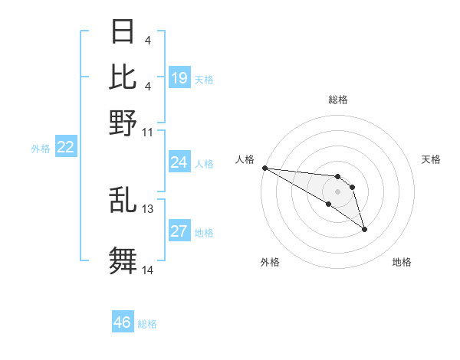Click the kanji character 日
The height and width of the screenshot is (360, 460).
point(123,31)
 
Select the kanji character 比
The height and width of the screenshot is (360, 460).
point(123,77)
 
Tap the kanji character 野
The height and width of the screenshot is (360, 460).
point(123,122)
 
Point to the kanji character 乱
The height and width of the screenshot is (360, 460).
point(123,201)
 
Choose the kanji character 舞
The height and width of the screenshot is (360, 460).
point(123,260)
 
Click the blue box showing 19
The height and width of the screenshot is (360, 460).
point(179,77)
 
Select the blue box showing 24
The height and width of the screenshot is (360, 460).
point(179,162)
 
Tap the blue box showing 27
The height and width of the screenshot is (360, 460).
point(179,231)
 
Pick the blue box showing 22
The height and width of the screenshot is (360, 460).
point(65,147)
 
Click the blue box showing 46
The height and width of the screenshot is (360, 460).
point(123,322)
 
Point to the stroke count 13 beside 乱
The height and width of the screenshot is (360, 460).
point(148,208)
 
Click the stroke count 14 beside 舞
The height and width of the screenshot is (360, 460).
point(148,270)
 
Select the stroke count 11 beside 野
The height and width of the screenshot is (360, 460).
point(148,131)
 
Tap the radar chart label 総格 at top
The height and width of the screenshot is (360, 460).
point(338,100)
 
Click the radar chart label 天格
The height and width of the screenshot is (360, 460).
point(431,159)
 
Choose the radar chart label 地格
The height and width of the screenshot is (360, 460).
point(402,263)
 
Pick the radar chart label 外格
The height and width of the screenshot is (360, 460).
point(270,263)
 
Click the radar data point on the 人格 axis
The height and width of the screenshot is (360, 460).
point(264,167)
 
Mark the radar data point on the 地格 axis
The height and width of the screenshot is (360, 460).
point(364,229)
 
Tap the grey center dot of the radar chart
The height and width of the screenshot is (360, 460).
point(338,191)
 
